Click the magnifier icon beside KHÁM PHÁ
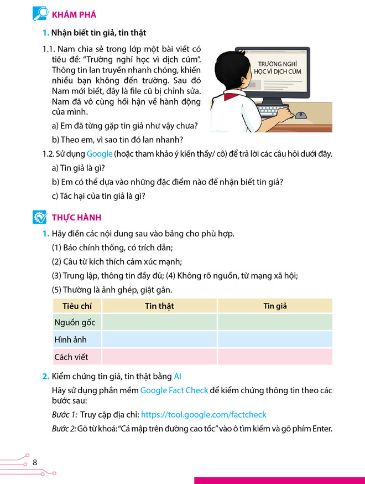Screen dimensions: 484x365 [40, 14]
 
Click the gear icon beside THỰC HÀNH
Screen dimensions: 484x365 [40, 217]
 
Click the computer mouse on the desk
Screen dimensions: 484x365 [300, 116]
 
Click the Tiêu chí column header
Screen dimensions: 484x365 [77, 306]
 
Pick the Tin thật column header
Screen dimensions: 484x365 [159, 306]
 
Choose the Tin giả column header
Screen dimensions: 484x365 [275, 306]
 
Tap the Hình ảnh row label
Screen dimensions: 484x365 [70, 339]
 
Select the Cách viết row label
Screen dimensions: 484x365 [71, 357]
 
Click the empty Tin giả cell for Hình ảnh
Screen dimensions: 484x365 [275, 339]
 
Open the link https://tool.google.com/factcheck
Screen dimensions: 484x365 [204, 414]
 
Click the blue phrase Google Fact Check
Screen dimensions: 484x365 [174, 390]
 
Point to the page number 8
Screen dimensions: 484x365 [35, 462]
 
